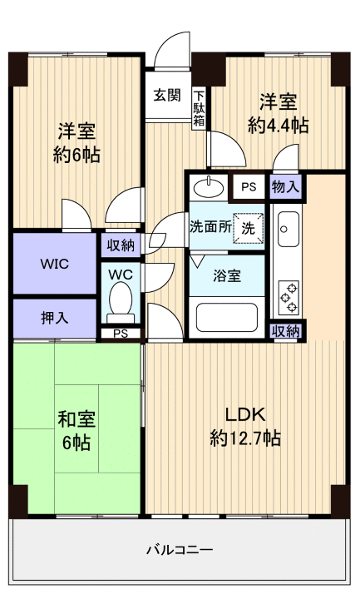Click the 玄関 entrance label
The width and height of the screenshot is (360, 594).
coord(166,94)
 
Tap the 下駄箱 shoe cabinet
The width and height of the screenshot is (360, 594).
coord(200,107)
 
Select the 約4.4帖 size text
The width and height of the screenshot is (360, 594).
coord(278,125)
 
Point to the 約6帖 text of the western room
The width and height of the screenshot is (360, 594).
coord(76,155)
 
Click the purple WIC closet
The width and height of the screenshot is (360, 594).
coord(55,263)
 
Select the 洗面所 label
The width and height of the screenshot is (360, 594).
coord(210,226)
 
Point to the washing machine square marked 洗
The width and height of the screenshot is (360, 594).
coord(248,227)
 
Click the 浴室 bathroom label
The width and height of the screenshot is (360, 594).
coord(225,275)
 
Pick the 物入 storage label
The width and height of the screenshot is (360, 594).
coord(285,187)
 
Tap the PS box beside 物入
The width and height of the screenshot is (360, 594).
coord(249,187)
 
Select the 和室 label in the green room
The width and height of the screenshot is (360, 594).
coord(76,418)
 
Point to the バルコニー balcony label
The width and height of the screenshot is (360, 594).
coord(180,549)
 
